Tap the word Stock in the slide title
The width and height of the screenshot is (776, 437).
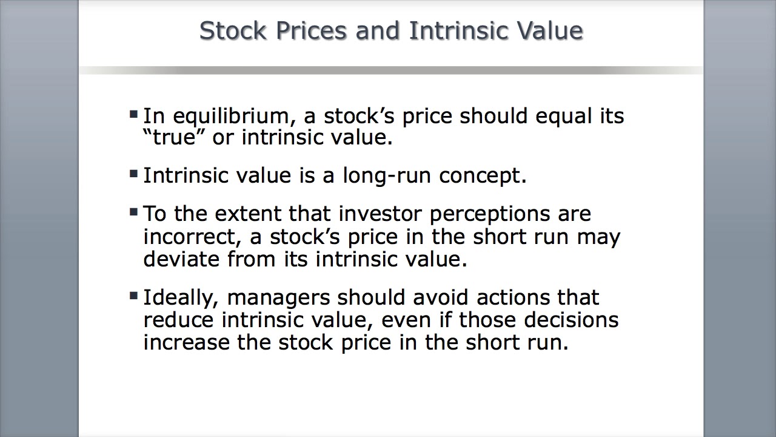(x=233, y=30)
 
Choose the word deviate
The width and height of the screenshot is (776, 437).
(x=181, y=259)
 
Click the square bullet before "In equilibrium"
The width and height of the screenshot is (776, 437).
(x=134, y=113)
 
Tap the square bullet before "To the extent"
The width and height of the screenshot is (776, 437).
(x=134, y=212)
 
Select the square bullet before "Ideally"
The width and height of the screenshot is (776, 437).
(x=134, y=296)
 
